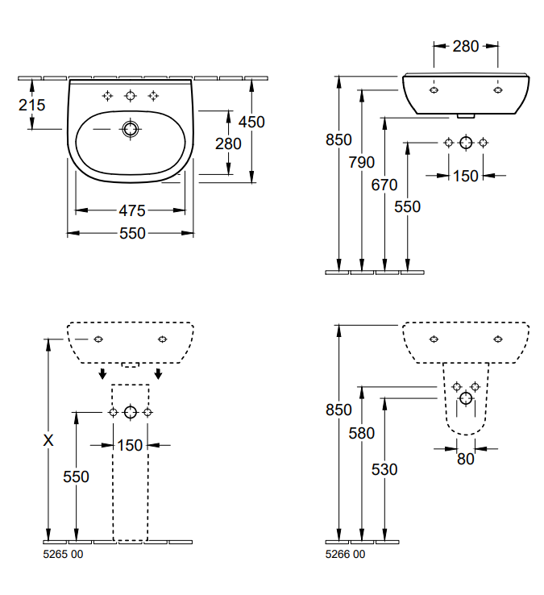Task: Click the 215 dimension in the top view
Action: pos(32,105)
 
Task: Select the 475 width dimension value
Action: pos(131,210)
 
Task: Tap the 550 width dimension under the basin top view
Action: pos(131,233)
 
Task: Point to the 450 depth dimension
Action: pos(251,122)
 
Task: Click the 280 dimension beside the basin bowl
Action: pos(228,143)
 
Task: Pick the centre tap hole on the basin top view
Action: pos(130,96)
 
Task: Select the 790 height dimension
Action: pos(362,162)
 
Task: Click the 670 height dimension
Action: pos(384,185)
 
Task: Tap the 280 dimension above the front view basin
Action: pos(465,46)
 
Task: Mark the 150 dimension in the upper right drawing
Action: pos(465,175)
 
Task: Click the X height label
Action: pos(49,440)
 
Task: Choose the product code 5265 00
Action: pos(62,554)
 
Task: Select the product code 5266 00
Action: pos(345,554)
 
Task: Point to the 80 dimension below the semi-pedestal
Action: pos(466,459)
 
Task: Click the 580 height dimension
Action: pos(362,433)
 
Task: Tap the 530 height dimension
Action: pos(384,468)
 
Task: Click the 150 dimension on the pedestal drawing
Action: pos(130,444)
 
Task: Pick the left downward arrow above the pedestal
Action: pos(102,372)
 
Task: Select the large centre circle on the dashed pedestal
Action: pos(130,412)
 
